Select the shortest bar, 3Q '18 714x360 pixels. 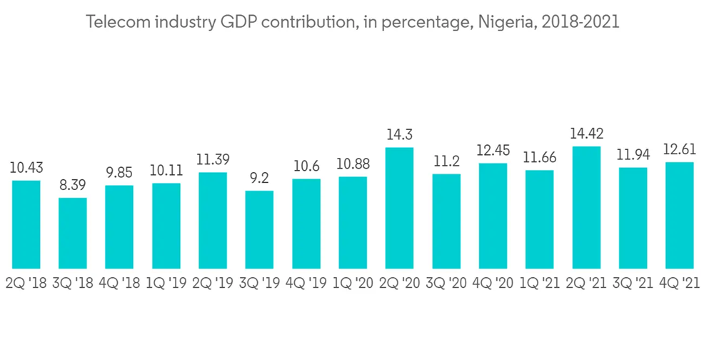click(73, 233)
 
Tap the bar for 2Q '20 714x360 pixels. click(399, 208)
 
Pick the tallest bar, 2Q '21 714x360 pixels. click(586, 207)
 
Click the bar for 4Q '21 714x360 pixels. click(679, 215)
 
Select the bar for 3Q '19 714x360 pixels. click(259, 229)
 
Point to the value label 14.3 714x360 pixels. click(399, 134)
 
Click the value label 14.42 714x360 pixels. click(586, 134)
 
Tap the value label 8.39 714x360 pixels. click(73, 185)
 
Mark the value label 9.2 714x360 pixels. click(259, 178)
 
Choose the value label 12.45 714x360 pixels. click(493, 151)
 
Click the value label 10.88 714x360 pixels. click(353, 164)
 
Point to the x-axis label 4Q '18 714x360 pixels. click(119, 283)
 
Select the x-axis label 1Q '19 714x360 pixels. click(166, 283)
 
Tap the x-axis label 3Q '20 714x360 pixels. click(446, 283)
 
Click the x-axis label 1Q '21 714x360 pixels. click(539, 283)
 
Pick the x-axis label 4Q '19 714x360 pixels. click(306, 283)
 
